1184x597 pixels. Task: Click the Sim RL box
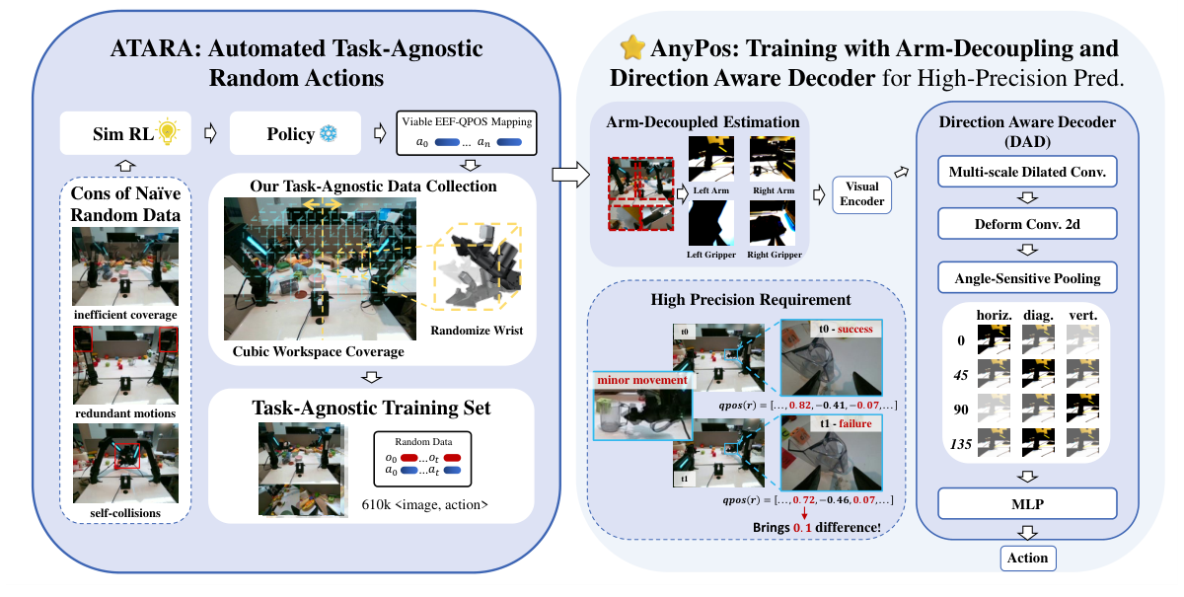[x=122, y=133]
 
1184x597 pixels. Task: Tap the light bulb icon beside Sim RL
[x=173, y=132]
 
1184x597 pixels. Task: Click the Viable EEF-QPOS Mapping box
[x=466, y=133]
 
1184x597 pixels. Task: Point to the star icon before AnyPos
[x=630, y=49]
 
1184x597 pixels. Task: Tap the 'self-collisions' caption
[x=125, y=513]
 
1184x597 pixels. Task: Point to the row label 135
[x=960, y=444]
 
